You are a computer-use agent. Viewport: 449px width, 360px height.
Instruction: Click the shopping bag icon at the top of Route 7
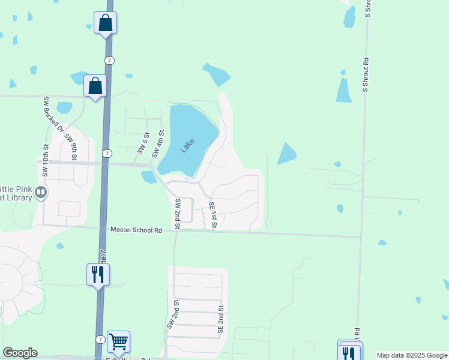[x=106, y=23]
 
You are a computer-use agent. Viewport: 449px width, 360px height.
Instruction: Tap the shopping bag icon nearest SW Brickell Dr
[x=95, y=86]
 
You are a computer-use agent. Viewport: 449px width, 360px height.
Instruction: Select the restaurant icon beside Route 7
[x=97, y=275]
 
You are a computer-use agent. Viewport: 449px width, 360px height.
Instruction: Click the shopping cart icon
[x=118, y=342]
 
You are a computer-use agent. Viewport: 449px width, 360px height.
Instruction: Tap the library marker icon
[x=41, y=193]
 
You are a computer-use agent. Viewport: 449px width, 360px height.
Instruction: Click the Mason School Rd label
[x=136, y=230]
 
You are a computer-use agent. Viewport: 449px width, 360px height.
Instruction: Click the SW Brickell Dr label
[x=52, y=114]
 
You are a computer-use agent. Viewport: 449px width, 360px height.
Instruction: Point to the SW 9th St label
[x=72, y=146]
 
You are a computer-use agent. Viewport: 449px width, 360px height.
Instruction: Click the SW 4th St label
[x=158, y=144]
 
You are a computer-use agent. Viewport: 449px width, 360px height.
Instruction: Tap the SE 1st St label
[x=212, y=215]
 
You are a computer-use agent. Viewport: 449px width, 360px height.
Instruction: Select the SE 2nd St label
[x=221, y=319]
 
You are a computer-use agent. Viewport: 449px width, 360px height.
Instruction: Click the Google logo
[x=20, y=353]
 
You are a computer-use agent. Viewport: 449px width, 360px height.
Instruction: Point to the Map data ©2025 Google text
[x=412, y=355]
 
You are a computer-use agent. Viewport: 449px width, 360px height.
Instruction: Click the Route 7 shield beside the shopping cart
[x=100, y=340]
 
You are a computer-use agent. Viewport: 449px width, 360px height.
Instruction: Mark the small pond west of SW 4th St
[x=147, y=177]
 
